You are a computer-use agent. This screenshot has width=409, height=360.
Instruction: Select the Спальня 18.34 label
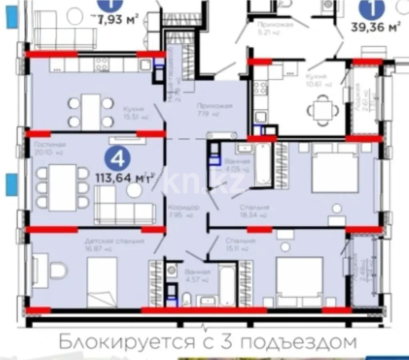click(x=254, y=211)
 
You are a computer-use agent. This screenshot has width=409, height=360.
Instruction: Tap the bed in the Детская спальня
click(x=102, y=282)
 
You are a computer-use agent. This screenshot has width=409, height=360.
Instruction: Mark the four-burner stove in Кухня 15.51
click(x=101, y=64)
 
